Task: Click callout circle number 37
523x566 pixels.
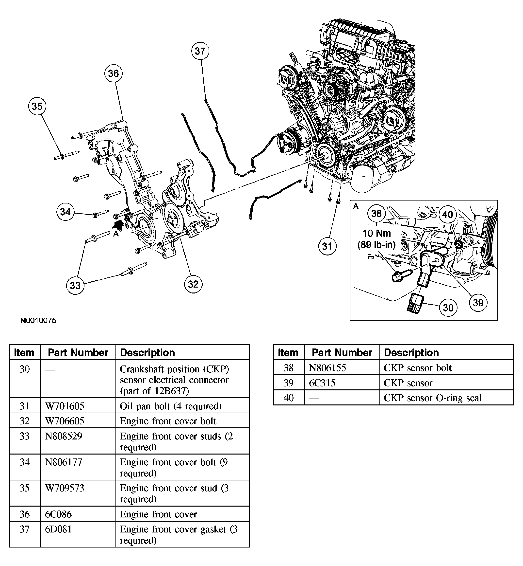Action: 200,51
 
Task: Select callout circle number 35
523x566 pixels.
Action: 37,106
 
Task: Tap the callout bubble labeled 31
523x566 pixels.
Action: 327,246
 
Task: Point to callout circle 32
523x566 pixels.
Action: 193,284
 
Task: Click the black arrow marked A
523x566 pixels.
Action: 118,226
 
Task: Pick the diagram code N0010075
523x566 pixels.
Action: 38,321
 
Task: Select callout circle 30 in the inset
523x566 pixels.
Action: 448,308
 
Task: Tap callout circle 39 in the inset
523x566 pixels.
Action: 478,302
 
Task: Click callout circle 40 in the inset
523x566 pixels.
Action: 447,215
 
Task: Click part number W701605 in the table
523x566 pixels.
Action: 65,406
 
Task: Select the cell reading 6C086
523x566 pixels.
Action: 58,514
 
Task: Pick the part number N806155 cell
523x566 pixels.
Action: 327,368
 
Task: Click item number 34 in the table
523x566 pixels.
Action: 25,462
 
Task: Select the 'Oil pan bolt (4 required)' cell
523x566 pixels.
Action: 170,406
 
